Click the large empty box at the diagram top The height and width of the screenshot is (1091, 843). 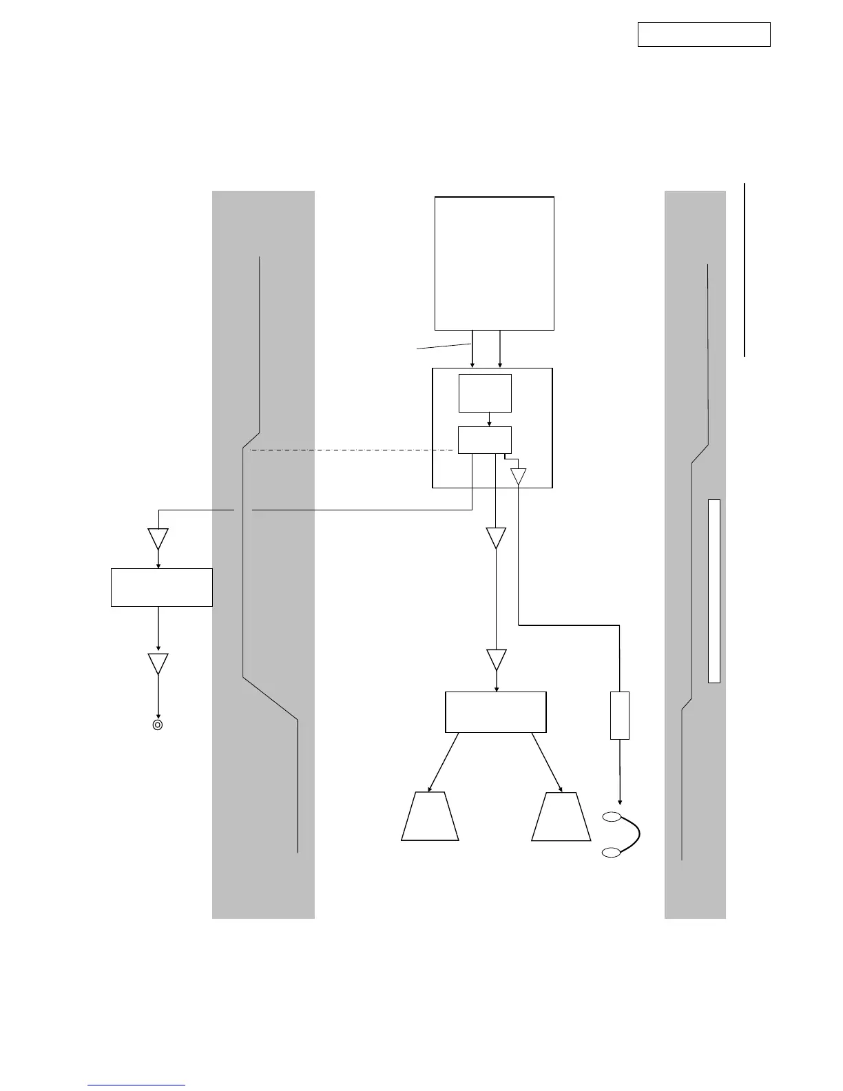(x=495, y=263)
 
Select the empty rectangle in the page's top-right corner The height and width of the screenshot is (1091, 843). (x=703, y=34)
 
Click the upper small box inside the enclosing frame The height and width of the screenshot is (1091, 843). (x=485, y=393)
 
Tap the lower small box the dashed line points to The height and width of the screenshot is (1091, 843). (x=485, y=439)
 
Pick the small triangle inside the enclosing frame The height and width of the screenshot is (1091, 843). (x=518, y=476)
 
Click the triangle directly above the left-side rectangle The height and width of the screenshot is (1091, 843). (x=158, y=538)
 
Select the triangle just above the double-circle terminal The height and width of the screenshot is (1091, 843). (x=158, y=663)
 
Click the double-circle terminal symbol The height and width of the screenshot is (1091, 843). (x=158, y=725)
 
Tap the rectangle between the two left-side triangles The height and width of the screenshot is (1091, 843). (x=162, y=587)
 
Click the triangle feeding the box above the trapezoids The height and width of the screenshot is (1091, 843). (x=496, y=659)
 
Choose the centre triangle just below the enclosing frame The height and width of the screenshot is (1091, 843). (x=496, y=537)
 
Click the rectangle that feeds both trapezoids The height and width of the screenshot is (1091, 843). (x=496, y=712)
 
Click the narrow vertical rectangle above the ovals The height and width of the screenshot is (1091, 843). (x=620, y=716)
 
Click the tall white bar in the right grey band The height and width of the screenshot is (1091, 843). (x=714, y=591)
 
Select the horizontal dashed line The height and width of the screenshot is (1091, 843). (x=351, y=450)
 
